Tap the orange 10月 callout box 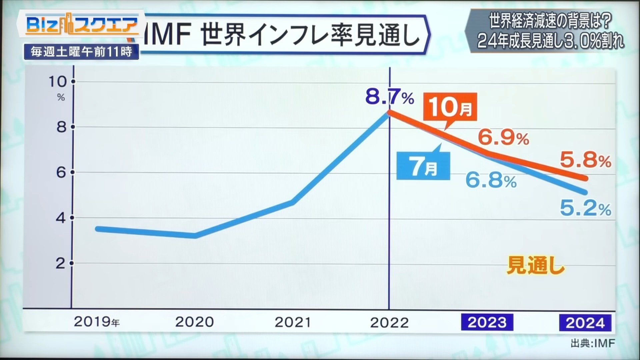tap(450, 107)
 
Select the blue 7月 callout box tap(423, 166)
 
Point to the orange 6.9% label tap(503, 137)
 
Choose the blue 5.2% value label tap(585, 209)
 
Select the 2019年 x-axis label tap(97, 322)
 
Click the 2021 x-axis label tap(293, 322)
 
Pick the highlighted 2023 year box tap(487, 322)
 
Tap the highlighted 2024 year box tap(585, 323)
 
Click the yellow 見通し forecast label tap(536, 266)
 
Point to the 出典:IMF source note tap(593, 343)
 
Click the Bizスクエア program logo tap(82, 25)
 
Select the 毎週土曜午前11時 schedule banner tap(81, 52)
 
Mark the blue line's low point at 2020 tap(195, 236)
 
